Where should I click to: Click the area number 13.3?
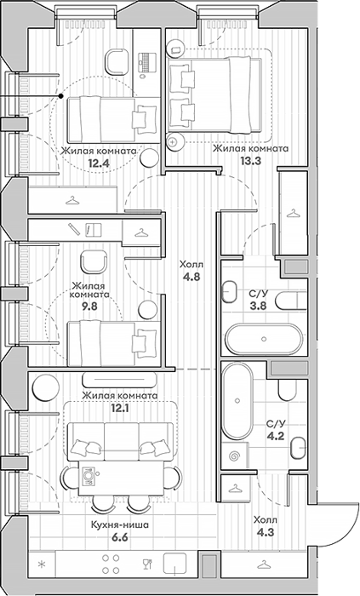coord(250,161)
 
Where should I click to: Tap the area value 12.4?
coord(99,163)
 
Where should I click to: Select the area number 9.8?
coord(89,306)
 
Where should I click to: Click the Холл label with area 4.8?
coord(191,265)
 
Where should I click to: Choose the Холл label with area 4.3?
coord(266,519)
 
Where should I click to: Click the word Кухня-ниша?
coord(119,525)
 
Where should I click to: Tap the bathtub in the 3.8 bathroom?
coord(265,338)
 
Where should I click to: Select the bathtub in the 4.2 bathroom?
coord(237,401)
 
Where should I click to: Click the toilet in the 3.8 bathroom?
coord(291,301)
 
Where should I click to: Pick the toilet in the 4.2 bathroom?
coord(288,390)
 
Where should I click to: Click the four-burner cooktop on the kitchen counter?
coord(111,564)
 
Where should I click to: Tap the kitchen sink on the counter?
coord(174,564)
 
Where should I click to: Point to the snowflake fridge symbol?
coord(42,564)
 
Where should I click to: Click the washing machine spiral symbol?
coord(233,456)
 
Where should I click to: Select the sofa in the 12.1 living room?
coord(120,441)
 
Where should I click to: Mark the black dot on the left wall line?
coord(60,96)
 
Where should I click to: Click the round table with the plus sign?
coord(173,142)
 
